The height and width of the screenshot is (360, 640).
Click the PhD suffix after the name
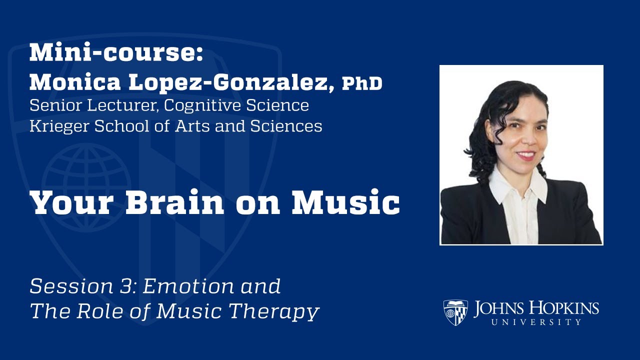362,84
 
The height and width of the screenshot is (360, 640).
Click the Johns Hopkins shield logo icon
455,312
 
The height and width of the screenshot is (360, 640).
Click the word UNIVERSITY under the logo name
536,322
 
